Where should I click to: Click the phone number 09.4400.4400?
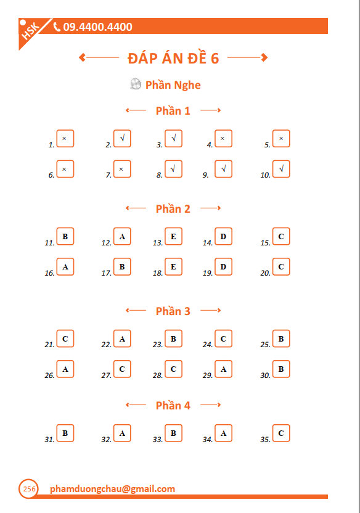point(97,27)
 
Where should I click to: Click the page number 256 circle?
point(28,489)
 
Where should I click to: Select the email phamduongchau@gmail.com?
point(112,489)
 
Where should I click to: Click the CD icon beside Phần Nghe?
point(136,84)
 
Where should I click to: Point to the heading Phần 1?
point(173,111)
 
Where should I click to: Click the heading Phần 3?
point(173,311)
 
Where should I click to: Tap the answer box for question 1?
point(65,139)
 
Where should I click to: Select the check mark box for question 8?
point(173,169)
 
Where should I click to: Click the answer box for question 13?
point(173,236)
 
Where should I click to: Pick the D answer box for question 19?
point(223,266)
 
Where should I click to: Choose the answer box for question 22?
point(122,339)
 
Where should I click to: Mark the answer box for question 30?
point(281,369)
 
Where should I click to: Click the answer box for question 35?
point(281,433)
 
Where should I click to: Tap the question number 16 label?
point(50,273)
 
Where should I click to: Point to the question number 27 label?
point(106,376)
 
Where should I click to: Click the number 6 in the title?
point(215,59)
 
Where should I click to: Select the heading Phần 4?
point(173,406)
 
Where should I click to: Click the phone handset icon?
point(57,27)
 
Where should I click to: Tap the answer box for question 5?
point(281,139)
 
